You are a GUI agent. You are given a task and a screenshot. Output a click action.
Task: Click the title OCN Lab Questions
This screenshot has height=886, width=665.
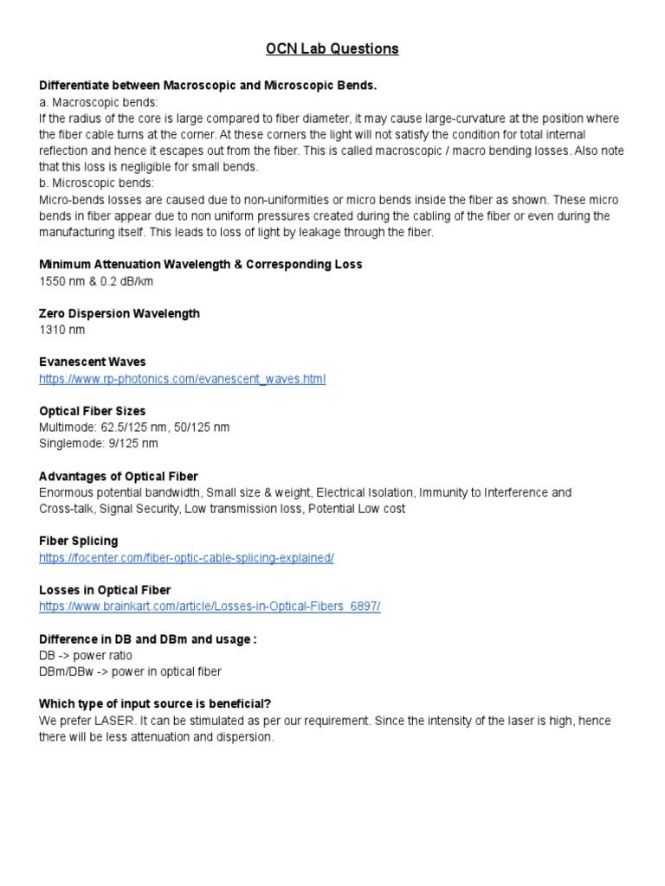(x=332, y=49)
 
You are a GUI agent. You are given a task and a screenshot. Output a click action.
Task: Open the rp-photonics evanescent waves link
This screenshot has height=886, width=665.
(x=182, y=378)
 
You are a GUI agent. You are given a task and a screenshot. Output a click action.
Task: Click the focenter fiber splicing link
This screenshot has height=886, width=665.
(x=186, y=558)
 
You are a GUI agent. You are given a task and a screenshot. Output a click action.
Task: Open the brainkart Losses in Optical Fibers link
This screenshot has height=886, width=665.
(x=210, y=607)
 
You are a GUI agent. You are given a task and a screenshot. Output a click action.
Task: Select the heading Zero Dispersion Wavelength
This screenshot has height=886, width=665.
(x=119, y=313)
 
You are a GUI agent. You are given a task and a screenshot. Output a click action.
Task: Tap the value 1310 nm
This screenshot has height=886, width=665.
(x=62, y=330)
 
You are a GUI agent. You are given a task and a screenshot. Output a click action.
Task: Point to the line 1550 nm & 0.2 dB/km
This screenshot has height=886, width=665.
(x=97, y=280)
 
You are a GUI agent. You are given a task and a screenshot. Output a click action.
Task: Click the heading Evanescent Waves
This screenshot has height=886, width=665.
(x=93, y=362)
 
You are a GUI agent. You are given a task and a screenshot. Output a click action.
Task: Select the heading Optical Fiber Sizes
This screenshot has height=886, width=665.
(x=93, y=411)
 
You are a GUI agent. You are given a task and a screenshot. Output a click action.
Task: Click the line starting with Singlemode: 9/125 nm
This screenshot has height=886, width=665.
(x=99, y=443)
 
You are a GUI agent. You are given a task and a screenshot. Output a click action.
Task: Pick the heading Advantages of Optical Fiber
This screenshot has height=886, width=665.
(x=119, y=477)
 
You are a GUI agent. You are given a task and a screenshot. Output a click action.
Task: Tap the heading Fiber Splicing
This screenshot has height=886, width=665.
(x=79, y=541)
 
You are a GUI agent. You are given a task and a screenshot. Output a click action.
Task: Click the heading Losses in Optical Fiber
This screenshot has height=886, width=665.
(x=105, y=590)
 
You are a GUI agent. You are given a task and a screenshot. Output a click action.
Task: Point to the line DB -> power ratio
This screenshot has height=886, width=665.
(x=86, y=655)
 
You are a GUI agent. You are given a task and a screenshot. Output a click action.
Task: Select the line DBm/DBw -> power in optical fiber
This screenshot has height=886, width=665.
(x=130, y=671)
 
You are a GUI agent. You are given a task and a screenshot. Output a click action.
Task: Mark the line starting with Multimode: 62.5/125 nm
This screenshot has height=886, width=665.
(x=134, y=427)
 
